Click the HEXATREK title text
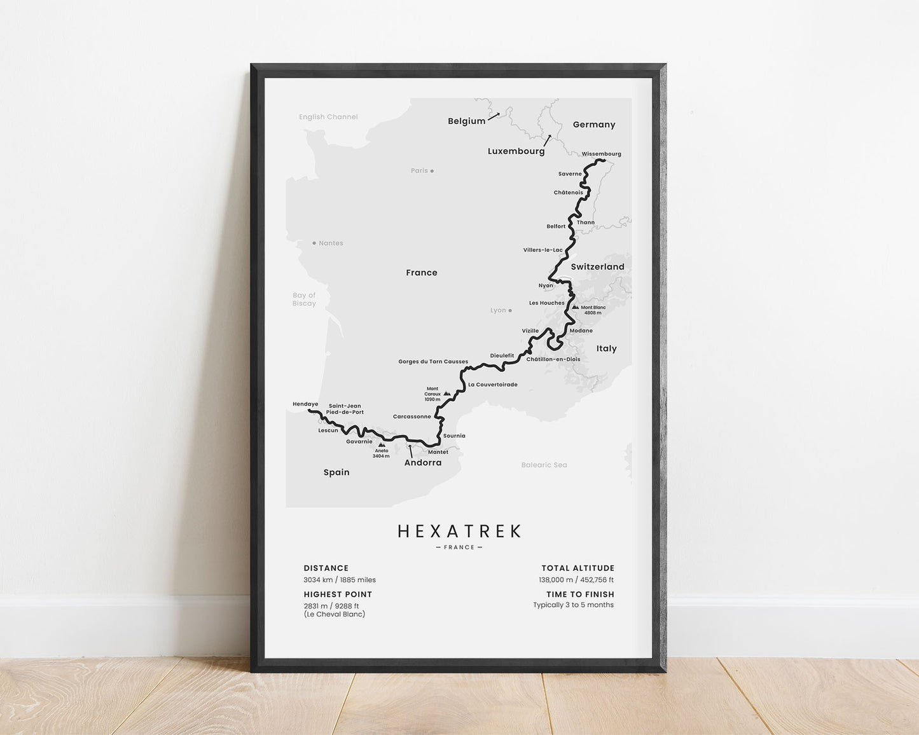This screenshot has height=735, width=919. [459, 531]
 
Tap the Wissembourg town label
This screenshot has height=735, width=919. [601, 154]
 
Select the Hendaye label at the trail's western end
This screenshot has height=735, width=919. [305, 404]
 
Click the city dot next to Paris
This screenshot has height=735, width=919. [432, 171]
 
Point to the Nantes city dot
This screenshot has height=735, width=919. [314, 243]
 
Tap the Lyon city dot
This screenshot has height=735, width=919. [510, 311]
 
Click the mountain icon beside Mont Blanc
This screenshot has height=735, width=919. [575, 307]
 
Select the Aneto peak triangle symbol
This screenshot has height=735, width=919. [381, 445]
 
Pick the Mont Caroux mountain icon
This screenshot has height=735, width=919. [447, 394]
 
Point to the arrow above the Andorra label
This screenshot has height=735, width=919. [410, 451]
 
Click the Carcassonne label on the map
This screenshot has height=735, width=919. [411, 417]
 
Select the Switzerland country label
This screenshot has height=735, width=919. [597, 267]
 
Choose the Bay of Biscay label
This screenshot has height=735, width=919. [304, 299]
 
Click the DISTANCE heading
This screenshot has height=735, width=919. [326, 568]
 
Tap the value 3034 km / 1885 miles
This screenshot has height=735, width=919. [340, 580]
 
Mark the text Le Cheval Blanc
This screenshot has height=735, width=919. [335, 614]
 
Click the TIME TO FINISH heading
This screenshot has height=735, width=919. [580, 594]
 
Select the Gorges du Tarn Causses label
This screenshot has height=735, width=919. [433, 362]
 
